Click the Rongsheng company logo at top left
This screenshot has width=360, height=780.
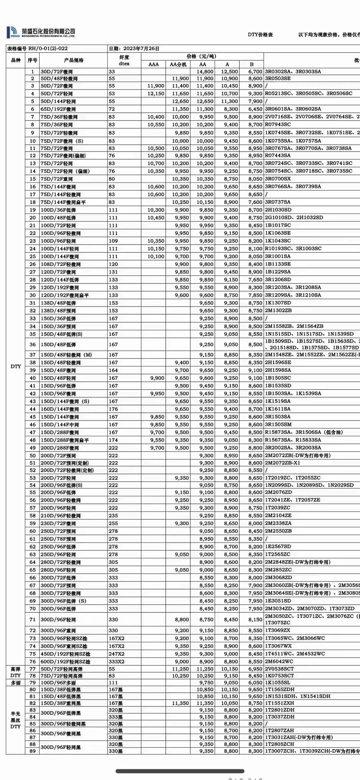pyautogui.click(x=13, y=32)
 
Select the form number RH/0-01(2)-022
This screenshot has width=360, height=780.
pyautogui.click(x=48, y=48)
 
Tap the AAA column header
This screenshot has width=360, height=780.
pyautogui.click(x=153, y=64)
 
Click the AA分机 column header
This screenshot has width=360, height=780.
pyautogui.click(x=178, y=64)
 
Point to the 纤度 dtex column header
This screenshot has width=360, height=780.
pyautogui.click(x=124, y=60)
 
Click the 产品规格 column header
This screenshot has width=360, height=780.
pyautogui.click(x=74, y=60)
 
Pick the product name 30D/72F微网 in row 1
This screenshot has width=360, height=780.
pyautogui.click(x=57, y=72)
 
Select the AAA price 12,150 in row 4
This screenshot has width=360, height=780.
pyautogui.click(x=156, y=94)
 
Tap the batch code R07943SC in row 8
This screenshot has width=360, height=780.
pyautogui.click(x=278, y=124)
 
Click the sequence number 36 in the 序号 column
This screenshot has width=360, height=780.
pyautogui.click(x=32, y=345)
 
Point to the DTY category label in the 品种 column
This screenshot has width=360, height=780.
pyautogui.click(x=16, y=366)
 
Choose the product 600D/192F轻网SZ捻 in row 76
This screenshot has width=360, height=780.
pyautogui.click(x=65, y=662)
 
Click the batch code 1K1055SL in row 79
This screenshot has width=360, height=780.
pyautogui.click(x=277, y=682)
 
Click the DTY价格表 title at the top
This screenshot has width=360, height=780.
pyautogui.click(x=260, y=35)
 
